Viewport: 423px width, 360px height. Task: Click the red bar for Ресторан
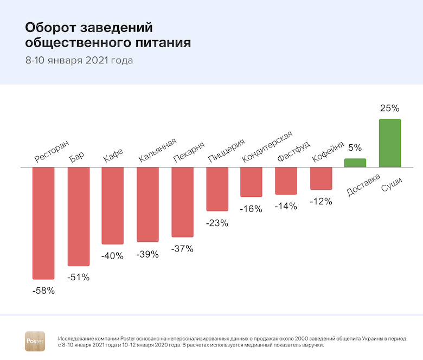coord(43,223)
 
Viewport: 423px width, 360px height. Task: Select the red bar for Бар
coord(78,216)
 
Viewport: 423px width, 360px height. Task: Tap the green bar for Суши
coord(389,143)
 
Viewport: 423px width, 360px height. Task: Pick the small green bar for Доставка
coord(355,163)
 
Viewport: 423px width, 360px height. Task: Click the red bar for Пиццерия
coord(217,189)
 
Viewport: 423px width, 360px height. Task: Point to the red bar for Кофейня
coord(321,178)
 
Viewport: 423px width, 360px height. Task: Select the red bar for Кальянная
coord(148,204)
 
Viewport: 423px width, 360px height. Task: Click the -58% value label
coord(43,291)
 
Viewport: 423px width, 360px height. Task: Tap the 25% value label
coord(389,108)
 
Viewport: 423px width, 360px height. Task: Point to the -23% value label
coord(217,222)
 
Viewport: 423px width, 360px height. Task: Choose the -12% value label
coord(321,201)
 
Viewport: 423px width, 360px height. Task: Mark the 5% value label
coord(355,147)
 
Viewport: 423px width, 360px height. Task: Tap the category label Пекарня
coord(189,152)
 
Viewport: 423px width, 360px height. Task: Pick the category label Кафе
coord(113,155)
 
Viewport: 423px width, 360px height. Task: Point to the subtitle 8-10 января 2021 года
coord(79,60)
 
